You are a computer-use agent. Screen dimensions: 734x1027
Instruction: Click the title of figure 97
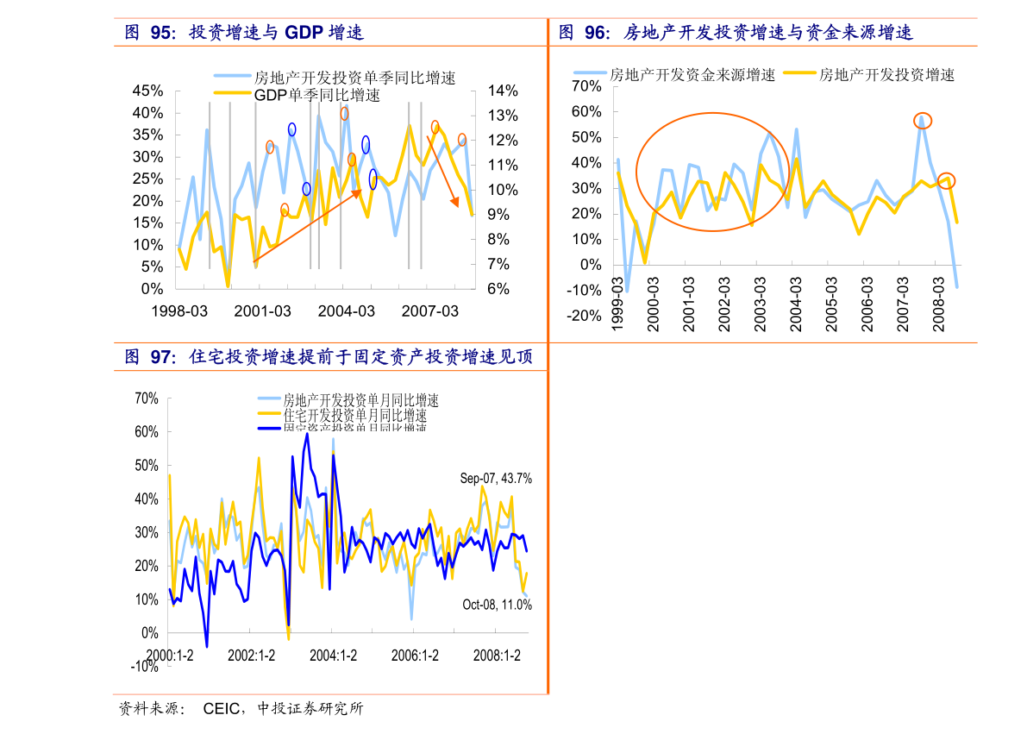coord(329,357)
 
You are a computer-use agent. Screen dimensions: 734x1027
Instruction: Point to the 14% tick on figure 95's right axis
coord(502,91)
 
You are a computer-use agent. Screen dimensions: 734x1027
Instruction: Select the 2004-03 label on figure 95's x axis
coord(346,311)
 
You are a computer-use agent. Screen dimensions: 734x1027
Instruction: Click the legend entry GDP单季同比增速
coord(316,95)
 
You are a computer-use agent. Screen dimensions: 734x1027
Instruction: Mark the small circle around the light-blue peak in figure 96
coord(922,121)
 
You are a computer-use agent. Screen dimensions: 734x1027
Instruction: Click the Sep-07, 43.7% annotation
coord(495,479)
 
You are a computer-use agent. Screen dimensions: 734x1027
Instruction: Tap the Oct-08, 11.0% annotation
coord(497,605)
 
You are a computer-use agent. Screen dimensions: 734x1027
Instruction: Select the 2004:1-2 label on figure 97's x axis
coord(333,656)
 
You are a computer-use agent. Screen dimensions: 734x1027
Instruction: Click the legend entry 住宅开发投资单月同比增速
coord(354,416)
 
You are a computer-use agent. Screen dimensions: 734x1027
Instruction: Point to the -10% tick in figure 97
coord(144,667)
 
